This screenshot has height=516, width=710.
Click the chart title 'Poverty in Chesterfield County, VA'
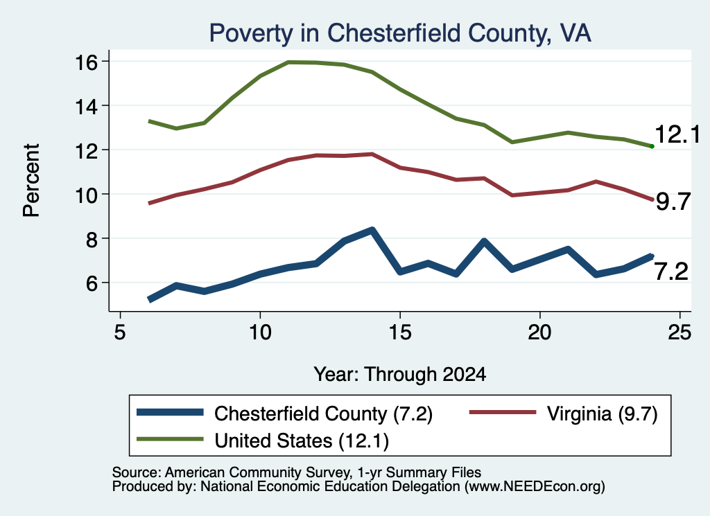point(400,33)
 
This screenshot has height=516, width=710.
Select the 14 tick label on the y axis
point(86,106)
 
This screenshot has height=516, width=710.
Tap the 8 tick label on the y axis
point(92,239)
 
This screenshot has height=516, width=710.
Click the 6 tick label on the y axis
point(92,283)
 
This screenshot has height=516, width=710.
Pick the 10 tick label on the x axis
point(260,332)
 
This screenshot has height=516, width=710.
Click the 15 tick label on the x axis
point(400,332)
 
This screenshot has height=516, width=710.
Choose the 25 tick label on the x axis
point(679,332)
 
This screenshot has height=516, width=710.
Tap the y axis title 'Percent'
point(31,181)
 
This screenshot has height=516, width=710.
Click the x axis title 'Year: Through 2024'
point(400,375)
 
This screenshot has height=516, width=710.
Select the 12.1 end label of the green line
point(677,134)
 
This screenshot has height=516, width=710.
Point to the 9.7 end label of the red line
point(673,202)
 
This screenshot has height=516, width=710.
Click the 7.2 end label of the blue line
point(671,272)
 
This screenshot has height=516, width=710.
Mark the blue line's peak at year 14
point(372,230)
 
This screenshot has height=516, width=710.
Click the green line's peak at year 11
point(288,62)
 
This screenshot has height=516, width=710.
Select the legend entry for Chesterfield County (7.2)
point(284,413)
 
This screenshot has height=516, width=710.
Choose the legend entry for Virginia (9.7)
point(563,413)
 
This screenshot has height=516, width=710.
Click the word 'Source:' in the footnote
point(137,472)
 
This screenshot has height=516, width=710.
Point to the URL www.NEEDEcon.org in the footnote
point(535,487)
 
